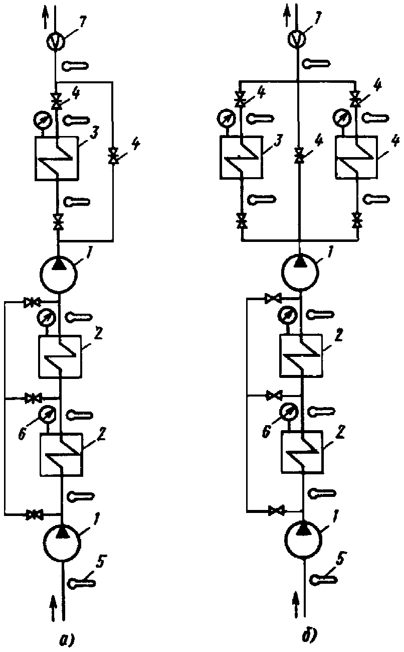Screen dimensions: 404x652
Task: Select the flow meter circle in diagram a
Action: (55, 41)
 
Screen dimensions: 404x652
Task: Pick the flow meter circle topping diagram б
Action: (297, 39)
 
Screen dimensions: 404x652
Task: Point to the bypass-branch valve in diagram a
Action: (112, 155)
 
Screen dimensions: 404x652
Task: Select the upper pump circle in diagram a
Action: (59, 274)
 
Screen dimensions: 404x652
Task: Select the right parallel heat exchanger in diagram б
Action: (356, 157)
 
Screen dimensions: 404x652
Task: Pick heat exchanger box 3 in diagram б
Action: (241, 157)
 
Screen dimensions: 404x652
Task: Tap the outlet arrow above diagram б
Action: (287, 16)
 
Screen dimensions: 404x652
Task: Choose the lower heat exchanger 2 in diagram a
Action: (61, 455)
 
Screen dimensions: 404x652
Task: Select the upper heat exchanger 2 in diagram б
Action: (301, 355)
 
